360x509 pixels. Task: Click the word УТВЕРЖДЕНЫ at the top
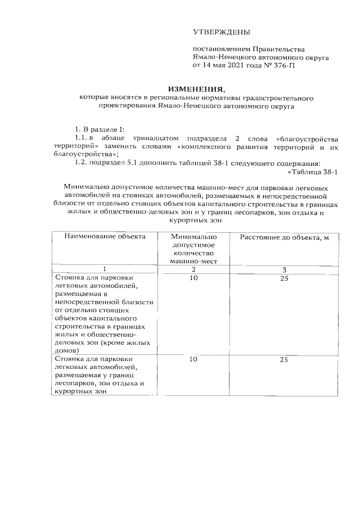[220, 32]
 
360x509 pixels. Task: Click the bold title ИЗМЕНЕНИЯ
[196, 89]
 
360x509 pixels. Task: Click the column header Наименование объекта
[105, 236]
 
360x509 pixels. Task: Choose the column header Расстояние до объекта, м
[284, 236]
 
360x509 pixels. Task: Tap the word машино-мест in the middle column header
[193, 260]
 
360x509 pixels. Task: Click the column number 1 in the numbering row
[104, 269]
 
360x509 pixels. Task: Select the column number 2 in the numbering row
[193, 269]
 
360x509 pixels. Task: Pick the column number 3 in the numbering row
[284, 269]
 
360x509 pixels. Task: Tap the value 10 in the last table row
[193, 359]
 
